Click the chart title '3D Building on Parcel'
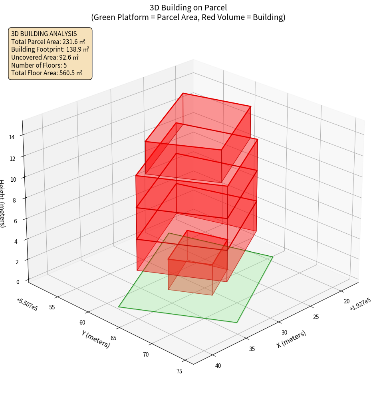[188, 8]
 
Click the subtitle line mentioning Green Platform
[188, 17]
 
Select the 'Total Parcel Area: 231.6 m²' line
[48, 42]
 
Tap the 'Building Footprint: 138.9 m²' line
[50, 49]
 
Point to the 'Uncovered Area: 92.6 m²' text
[45, 57]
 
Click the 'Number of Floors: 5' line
[39, 65]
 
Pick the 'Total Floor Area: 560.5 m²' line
[47, 73]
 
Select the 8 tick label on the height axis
[14, 200]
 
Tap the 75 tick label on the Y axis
[179, 371]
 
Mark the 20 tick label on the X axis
[347, 301]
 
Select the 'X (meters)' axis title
[292, 339]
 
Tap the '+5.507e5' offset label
[27, 304]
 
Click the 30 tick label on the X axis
[284, 333]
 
